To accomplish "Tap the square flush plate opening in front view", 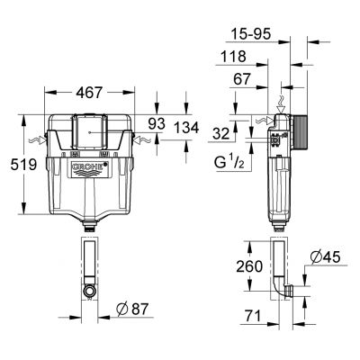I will click(89, 130).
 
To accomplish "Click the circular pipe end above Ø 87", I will click(89, 291).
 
